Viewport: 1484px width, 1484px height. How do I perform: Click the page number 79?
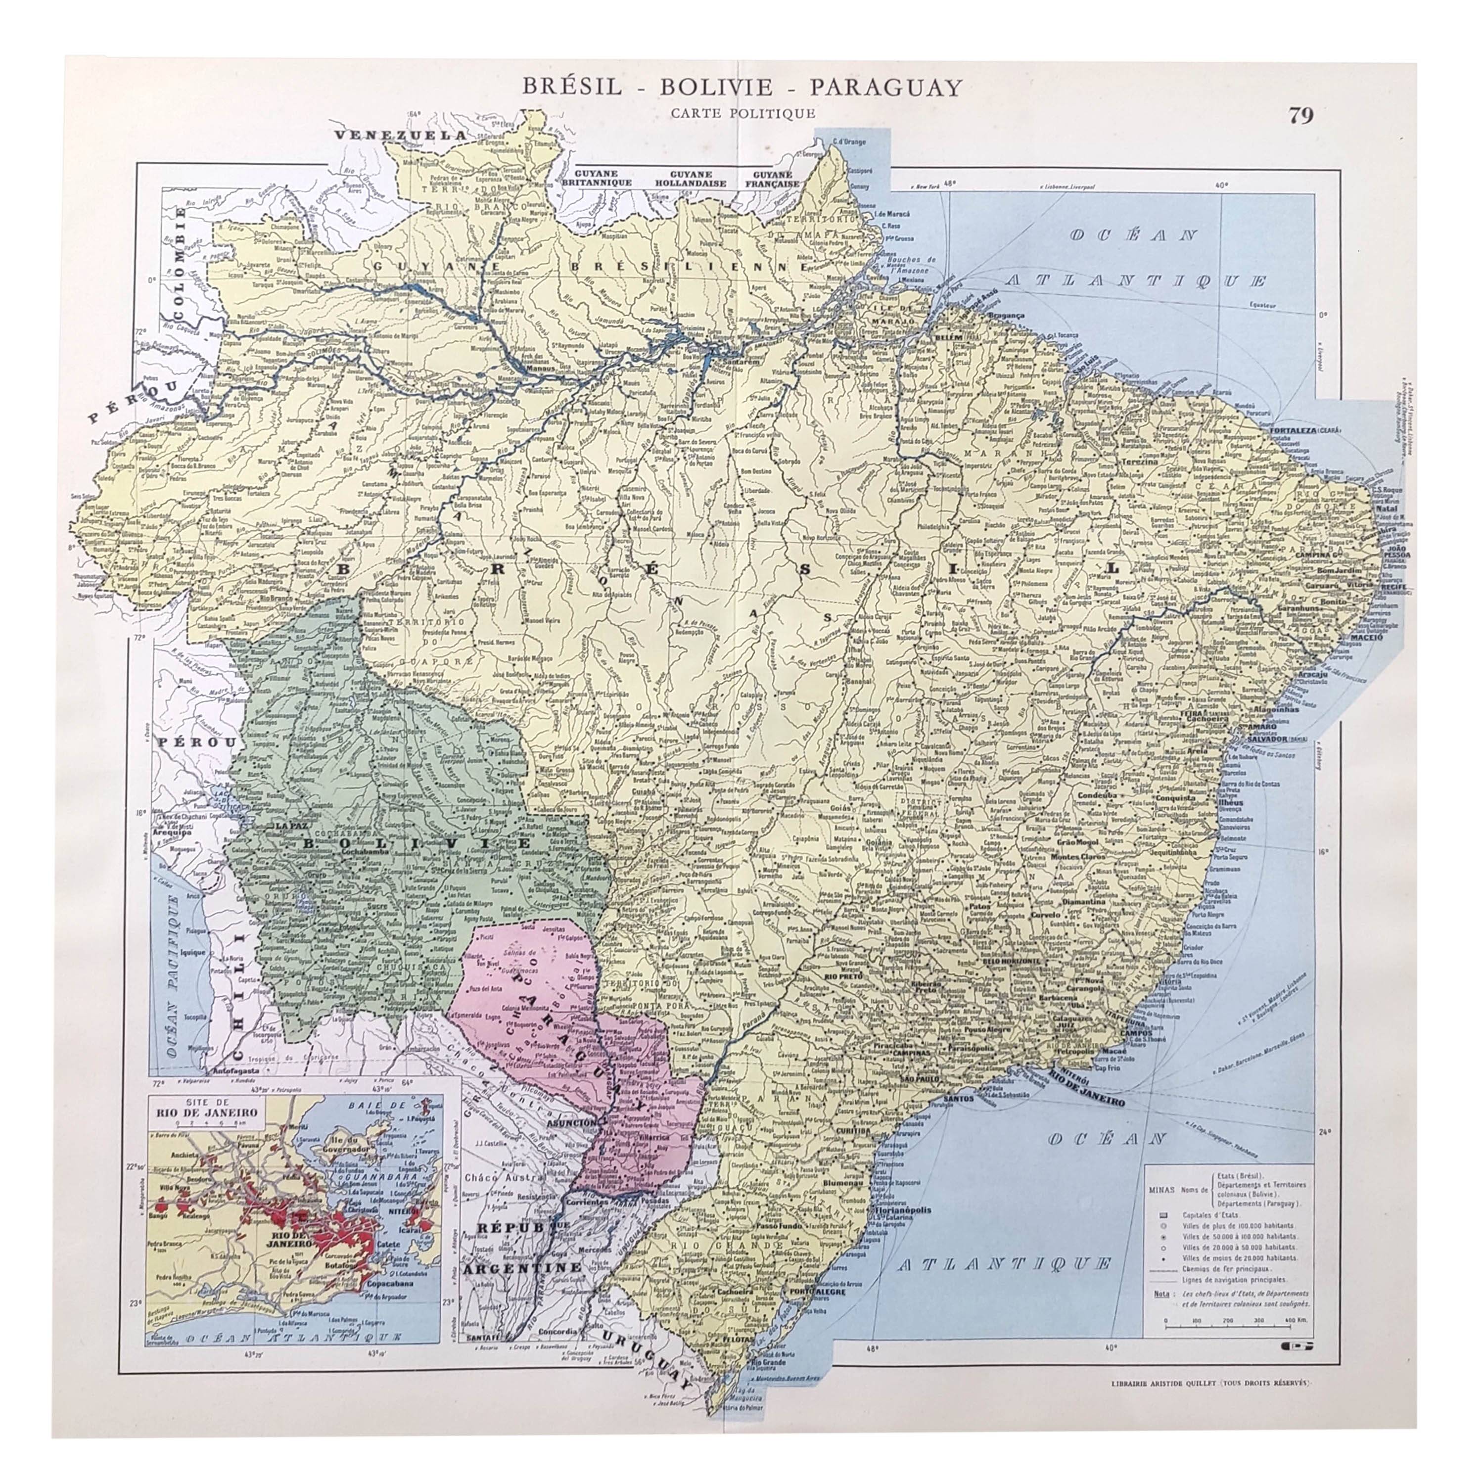pos(1301,115)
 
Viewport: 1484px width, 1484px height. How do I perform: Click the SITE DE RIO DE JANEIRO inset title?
pos(206,1117)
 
